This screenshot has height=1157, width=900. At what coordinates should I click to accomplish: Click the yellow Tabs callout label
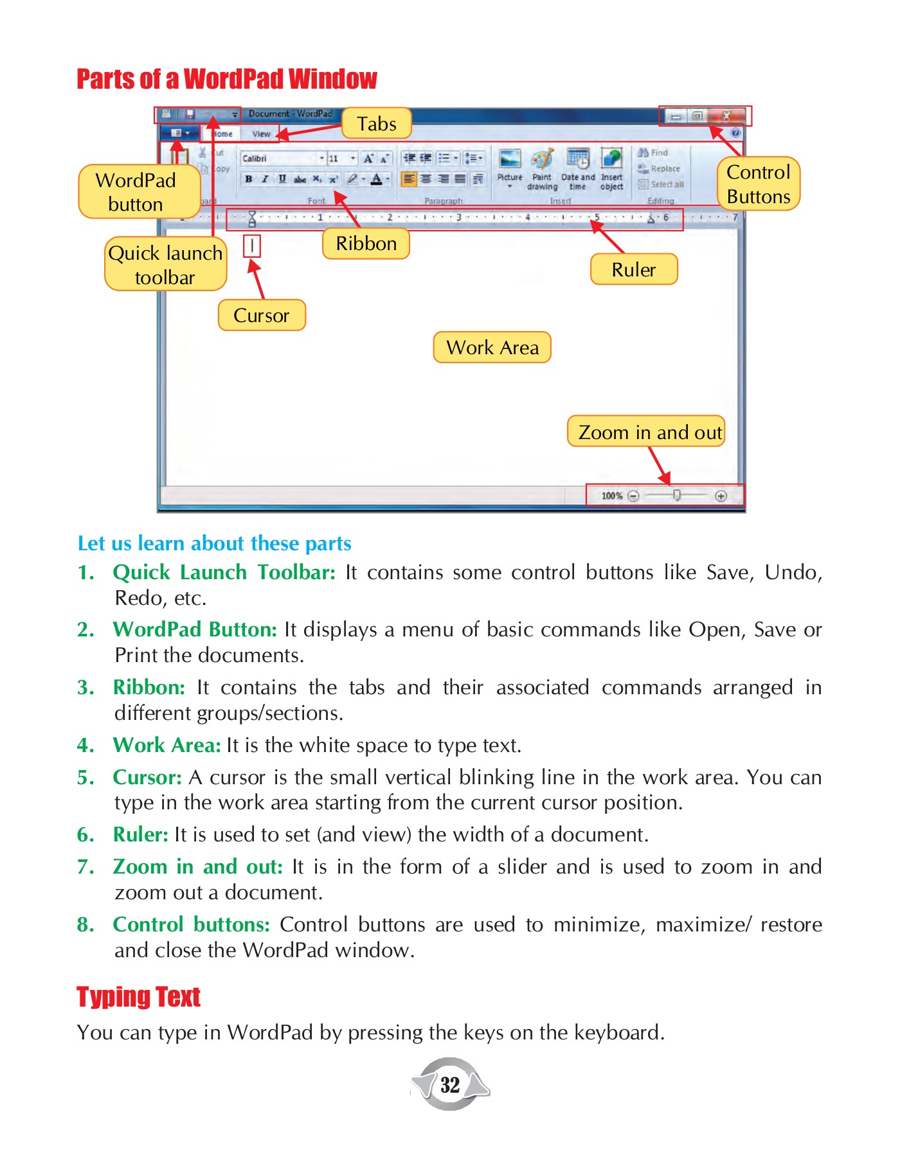click(x=376, y=123)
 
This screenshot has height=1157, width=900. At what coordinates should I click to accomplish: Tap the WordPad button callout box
click(x=136, y=192)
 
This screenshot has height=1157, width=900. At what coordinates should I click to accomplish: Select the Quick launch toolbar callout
click(x=165, y=264)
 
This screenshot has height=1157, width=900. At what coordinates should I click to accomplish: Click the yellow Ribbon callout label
click(x=366, y=244)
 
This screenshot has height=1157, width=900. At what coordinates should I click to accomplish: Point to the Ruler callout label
click(x=633, y=269)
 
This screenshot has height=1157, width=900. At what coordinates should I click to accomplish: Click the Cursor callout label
click(x=261, y=316)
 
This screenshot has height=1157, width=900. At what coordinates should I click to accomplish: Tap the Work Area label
click(x=492, y=348)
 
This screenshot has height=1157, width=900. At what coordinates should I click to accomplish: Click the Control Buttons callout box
click(x=758, y=184)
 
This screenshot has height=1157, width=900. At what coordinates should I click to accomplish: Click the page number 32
click(x=450, y=1085)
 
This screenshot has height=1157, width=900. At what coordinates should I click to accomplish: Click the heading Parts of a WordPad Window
click(x=226, y=79)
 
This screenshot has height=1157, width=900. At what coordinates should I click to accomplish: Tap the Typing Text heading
click(x=138, y=997)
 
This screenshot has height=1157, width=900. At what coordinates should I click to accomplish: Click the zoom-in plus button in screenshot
click(x=721, y=496)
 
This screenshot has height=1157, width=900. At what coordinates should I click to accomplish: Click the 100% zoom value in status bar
click(x=611, y=496)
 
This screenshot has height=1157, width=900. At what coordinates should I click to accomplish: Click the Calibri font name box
click(x=278, y=158)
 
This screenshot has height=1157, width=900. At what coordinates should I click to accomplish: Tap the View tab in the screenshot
click(x=261, y=134)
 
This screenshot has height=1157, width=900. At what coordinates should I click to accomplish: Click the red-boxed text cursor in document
click(x=252, y=246)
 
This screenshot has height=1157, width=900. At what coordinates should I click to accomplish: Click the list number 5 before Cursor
click(x=85, y=778)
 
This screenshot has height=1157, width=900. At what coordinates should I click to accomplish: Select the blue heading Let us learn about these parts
click(x=214, y=544)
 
